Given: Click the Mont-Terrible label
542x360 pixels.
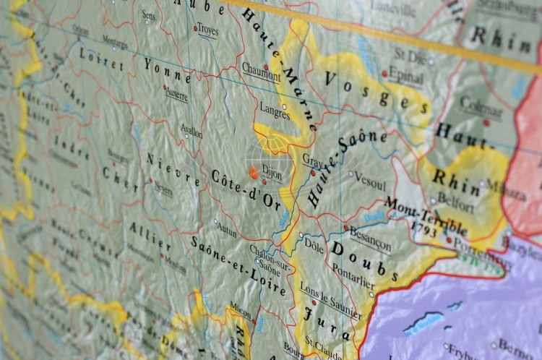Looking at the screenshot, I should point(426,216).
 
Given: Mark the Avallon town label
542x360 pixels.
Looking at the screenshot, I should point(192,133).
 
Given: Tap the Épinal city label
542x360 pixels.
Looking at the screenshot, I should point(406,74).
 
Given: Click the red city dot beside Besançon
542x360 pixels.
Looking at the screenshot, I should point(347,228).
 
